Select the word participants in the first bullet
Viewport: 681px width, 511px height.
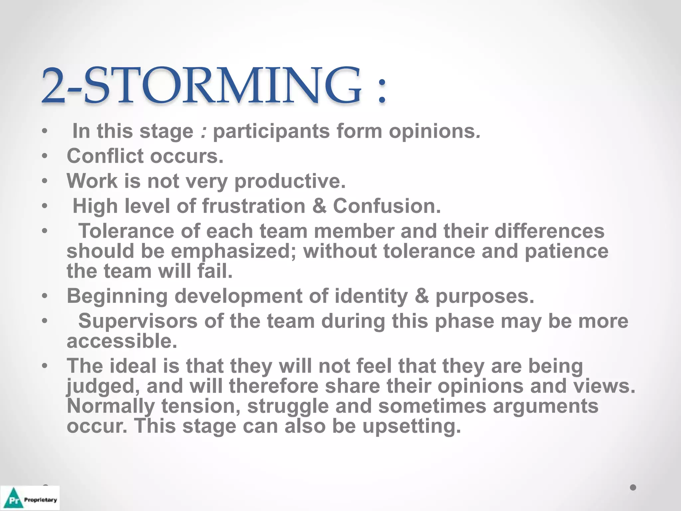271,131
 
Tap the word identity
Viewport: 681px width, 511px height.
371,296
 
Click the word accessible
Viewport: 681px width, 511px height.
122,341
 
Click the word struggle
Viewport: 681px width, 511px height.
288,407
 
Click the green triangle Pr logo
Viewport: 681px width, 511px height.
14,498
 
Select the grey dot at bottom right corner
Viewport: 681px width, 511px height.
633,487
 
